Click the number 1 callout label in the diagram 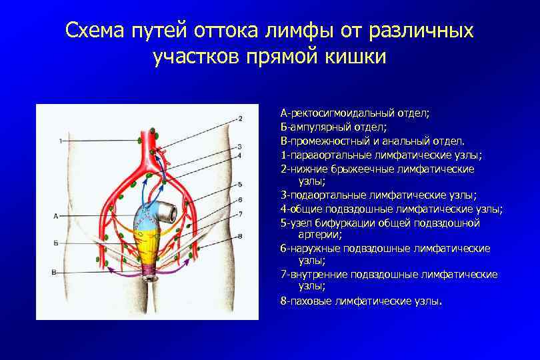(60, 141)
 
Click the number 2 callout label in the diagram (240, 119)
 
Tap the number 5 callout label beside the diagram (240, 184)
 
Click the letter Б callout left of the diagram (56, 244)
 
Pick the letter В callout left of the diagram (54, 272)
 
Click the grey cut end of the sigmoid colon (171, 213)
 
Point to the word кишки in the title (353, 57)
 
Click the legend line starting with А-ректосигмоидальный (355, 113)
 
